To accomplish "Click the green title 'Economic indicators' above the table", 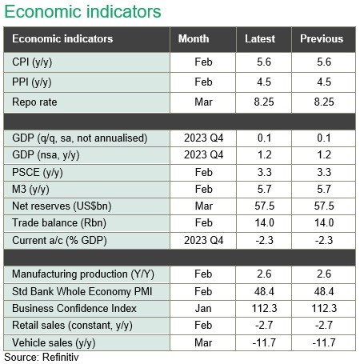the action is pos(82,12).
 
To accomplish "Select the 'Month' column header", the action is pos(194,38).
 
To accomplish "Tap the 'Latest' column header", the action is pos(260,38).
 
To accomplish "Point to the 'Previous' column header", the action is pos(322,38).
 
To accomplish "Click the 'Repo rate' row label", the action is pos(34,102).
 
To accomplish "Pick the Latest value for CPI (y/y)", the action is pos(264,62).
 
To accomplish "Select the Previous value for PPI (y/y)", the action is pos(324,82).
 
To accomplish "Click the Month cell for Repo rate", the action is pos(203,102).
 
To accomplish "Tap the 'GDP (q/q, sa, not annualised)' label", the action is pos(80,138).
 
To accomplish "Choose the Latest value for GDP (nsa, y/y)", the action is pos(265,154).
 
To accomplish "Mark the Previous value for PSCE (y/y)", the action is pos(324,172).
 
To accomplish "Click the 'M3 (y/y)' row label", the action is pos(30,190).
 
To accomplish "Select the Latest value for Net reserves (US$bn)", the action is pos(265,206).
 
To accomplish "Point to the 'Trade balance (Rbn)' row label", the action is pos(59,223).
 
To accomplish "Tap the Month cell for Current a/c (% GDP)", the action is pos(203,240).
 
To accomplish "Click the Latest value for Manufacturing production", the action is pos(264,274).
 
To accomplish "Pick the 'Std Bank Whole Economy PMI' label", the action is pos(82,291).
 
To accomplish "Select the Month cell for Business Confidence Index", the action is pos(203,308).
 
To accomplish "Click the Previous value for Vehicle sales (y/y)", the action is pos(324,342).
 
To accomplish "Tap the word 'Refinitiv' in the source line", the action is pos(61,357).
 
